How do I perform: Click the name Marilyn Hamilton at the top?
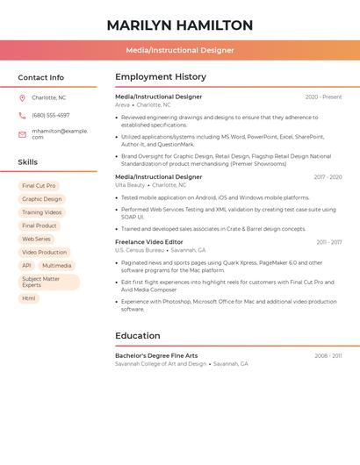(180, 25)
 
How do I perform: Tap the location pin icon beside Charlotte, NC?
(22, 98)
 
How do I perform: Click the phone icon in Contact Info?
(22, 115)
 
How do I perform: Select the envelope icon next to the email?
(22, 134)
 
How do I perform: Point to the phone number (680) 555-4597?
(51, 115)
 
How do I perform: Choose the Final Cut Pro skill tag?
(39, 186)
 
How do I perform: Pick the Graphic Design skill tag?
(42, 199)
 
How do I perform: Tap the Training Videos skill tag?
(42, 212)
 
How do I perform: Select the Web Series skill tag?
(37, 239)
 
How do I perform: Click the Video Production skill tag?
(45, 252)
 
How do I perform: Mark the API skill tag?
(26, 265)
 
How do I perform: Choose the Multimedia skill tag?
(57, 265)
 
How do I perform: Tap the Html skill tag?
(29, 298)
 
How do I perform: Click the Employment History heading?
(161, 77)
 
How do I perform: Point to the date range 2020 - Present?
(323, 97)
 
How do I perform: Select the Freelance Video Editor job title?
(149, 241)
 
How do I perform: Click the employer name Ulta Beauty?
(130, 185)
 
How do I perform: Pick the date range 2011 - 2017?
(329, 241)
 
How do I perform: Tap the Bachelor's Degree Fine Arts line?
(156, 355)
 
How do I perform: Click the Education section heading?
(138, 335)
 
